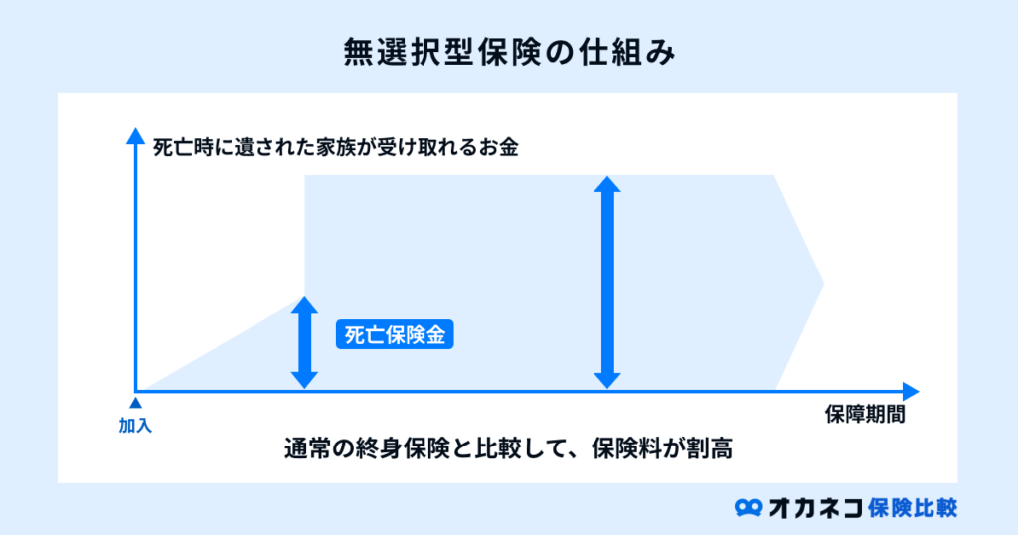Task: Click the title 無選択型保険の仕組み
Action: coord(509,53)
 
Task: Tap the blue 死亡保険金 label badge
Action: coord(395,335)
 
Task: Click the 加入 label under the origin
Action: coord(135,426)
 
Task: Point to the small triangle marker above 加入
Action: coord(135,403)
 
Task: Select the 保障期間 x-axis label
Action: coord(865,415)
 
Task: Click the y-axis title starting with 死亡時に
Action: coord(336,147)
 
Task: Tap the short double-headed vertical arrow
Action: coord(304,343)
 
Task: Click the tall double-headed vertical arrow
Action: coord(607,282)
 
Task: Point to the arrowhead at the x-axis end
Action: coord(911,392)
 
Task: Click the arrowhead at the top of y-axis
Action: coord(135,135)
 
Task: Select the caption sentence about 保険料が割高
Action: coord(508,448)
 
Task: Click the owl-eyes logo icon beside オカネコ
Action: coord(748,508)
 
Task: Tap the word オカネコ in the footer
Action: coord(815,508)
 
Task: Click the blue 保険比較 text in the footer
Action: coord(913,508)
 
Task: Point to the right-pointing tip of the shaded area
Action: coord(823,283)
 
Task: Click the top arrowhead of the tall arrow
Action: coord(607,184)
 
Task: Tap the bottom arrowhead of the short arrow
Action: coord(304,381)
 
